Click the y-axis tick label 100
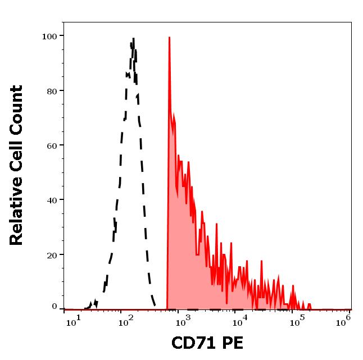point(49,37)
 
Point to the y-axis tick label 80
point(52,91)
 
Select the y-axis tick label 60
point(52,145)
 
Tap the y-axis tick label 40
point(52,200)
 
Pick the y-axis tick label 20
point(52,255)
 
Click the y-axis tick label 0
point(55,307)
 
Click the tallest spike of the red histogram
point(169,38)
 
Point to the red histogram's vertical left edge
point(167,225)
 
